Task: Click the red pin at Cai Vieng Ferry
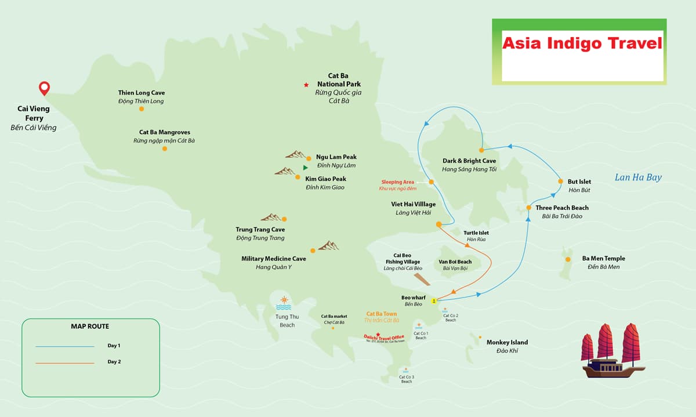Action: [x=44, y=88]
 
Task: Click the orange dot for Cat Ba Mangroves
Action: [x=165, y=148]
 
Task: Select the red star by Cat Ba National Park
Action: [x=306, y=85]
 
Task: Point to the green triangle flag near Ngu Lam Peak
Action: [x=305, y=168]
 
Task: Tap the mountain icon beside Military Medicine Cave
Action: [x=328, y=246]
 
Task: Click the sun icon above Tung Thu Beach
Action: [x=284, y=302]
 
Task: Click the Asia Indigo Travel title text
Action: [x=582, y=43]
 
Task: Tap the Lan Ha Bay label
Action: [x=638, y=177]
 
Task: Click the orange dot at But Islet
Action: [x=560, y=182]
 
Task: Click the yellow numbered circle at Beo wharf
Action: [x=434, y=300]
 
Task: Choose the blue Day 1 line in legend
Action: [x=64, y=346]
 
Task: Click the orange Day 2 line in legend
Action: [x=64, y=362]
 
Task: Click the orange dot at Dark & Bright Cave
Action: [x=481, y=150]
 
